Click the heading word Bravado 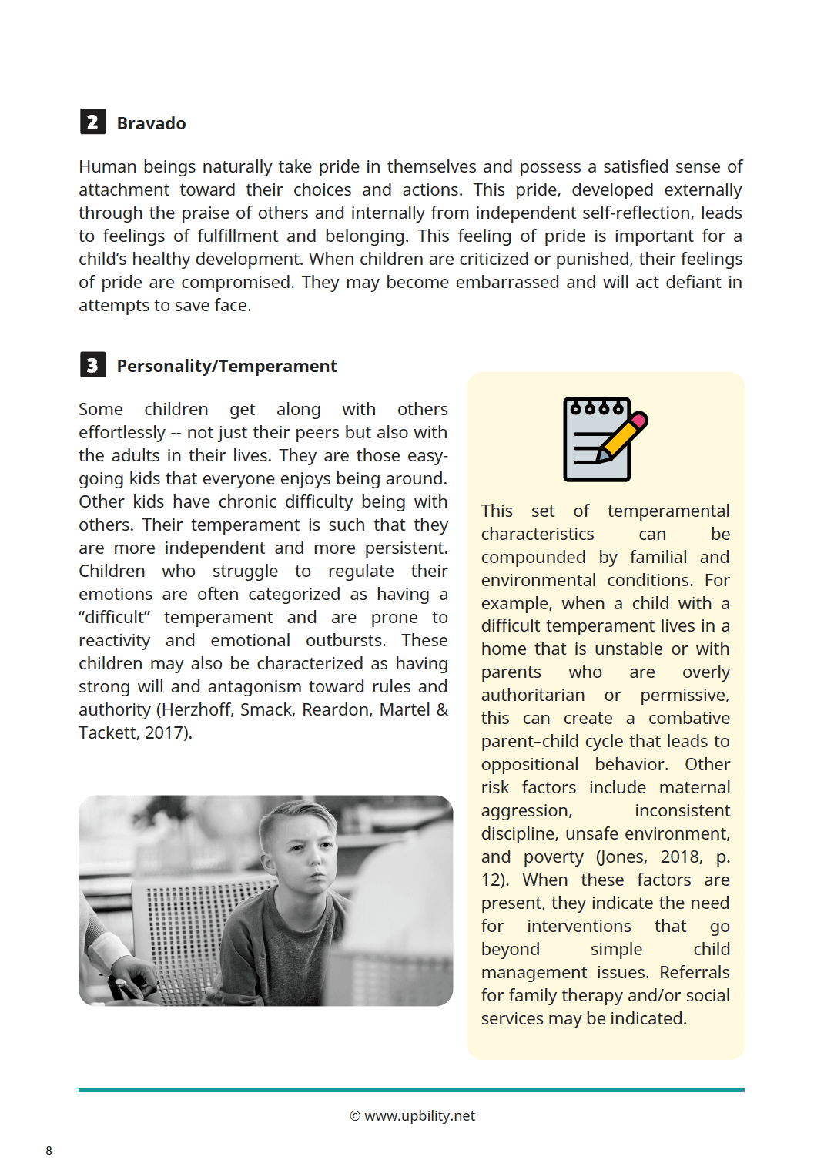tap(151, 123)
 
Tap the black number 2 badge tap(92, 122)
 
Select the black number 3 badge tap(92, 364)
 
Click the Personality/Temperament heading tap(226, 366)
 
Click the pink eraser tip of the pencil tap(639, 421)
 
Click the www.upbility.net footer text tap(419, 1116)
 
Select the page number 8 tap(49, 1151)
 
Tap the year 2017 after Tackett tap(166, 733)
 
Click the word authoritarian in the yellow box tap(533, 695)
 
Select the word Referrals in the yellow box tap(694, 972)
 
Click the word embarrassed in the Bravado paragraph tap(507, 282)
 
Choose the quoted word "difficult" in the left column tap(115, 617)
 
